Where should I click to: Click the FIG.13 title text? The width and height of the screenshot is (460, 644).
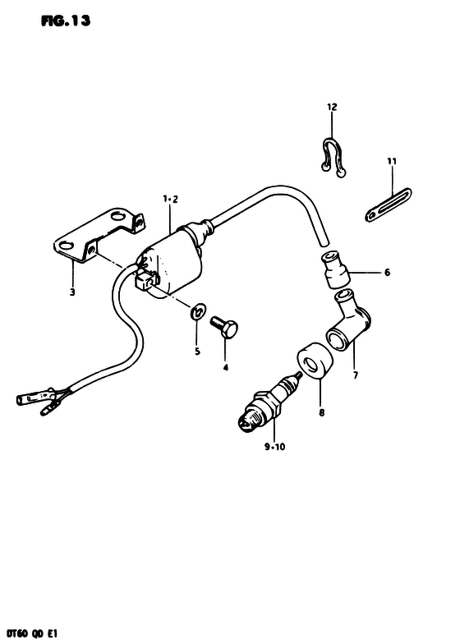[x=66, y=21]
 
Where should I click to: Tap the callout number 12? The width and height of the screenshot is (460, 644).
[x=332, y=107]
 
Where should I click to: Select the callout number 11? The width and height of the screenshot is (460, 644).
[x=392, y=161]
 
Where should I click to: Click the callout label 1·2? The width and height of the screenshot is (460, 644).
[x=170, y=200]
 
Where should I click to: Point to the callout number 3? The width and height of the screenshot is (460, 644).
[x=72, y=292]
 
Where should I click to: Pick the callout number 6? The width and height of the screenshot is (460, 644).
[x=387, y=272]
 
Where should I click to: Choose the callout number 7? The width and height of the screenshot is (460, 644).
[x=355, y=375]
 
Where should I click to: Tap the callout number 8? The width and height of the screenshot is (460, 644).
[x=322, y=412]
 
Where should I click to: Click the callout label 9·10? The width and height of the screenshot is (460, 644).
[x=274, y=447]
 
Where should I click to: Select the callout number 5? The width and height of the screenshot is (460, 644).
[x=197, y=352]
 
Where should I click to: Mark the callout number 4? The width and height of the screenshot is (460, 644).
[x=225, y=368]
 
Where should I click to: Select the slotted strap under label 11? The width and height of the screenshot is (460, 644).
[x=388, y=205]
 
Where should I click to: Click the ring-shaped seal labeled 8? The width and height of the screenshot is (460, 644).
[x=314, y=359]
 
